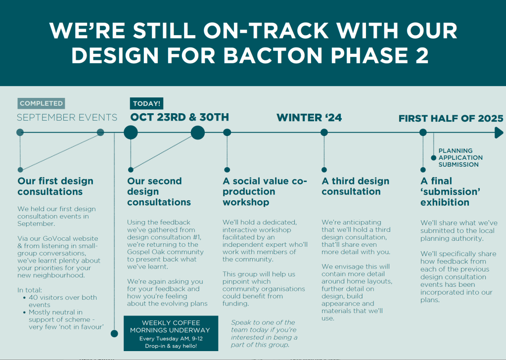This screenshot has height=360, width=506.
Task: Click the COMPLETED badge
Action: click(42, 103)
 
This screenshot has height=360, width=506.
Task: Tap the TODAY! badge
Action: click(146, 103)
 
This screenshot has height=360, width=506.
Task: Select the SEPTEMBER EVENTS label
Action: click(67, 117)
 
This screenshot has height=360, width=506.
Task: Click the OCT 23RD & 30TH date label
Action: click(180, 117)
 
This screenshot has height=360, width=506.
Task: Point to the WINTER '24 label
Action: click(309, 117)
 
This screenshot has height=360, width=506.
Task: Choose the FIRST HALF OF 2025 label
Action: click(451, 118)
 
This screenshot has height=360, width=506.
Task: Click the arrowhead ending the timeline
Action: click(499, 133)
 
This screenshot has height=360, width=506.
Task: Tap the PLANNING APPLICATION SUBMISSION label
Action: click(460, 157)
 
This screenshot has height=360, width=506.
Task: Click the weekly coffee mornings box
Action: click(171, 333)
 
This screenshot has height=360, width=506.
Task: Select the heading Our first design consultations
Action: click(55, 186)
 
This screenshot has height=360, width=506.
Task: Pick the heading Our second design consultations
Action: click(159, 191)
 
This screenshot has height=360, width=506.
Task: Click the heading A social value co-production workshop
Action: click(265, 191)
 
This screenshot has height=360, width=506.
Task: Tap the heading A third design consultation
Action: click(355, 186)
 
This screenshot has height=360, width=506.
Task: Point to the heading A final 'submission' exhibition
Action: click(450, 191)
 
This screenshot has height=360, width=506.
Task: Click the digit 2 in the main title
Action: click(422, 55)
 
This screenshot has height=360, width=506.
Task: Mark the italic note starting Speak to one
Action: click(264, 334)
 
